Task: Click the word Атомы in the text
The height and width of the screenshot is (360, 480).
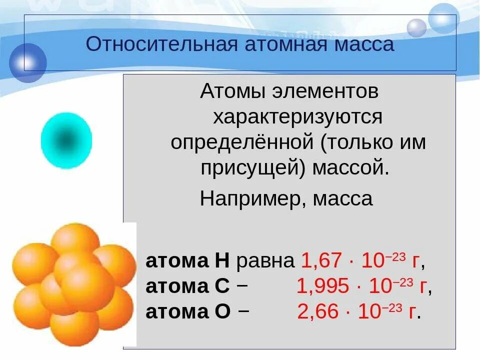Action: tap(232, 92)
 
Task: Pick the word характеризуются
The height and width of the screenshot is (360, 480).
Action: tap(298, 117)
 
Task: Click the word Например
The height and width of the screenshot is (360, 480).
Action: tap(253, 199)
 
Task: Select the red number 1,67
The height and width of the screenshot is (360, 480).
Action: tap(321, 261)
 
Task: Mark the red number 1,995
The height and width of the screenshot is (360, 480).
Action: tap(322, 286)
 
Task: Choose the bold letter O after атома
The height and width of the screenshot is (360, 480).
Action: tap(222, 311)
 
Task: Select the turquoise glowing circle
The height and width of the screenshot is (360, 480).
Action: tap(66, 140)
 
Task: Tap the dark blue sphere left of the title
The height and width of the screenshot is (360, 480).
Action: tap(28, 62)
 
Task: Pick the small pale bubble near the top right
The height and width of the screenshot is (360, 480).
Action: tap(416, 27)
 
